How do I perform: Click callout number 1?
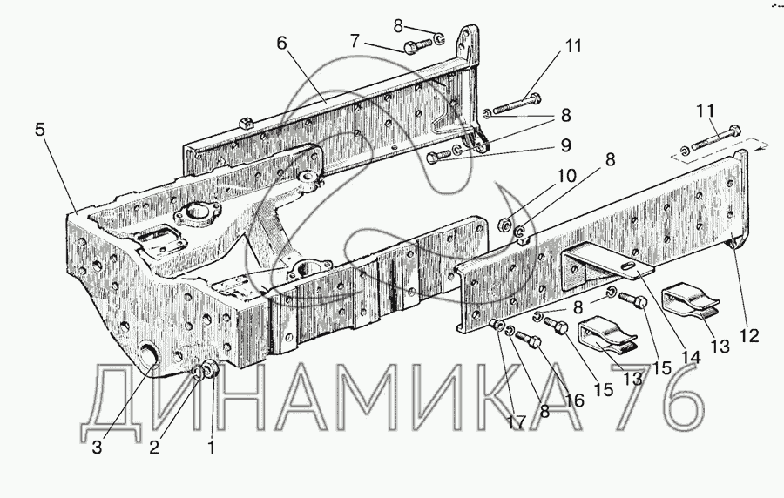209,449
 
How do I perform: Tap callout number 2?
154,448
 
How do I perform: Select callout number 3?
98,448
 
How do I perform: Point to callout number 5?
40,129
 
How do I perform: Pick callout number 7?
356,40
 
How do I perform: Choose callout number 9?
564,145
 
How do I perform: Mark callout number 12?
750,335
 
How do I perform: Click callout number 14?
691,355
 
